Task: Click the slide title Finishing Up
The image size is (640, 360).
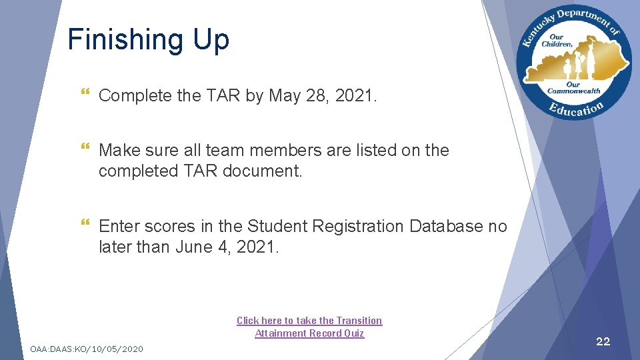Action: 148,39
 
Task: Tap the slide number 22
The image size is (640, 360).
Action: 603,341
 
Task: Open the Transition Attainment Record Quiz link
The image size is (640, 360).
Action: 309,327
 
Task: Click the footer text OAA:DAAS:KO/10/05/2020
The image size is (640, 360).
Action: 87,349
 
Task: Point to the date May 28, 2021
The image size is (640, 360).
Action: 323,96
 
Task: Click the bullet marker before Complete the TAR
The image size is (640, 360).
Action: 83,96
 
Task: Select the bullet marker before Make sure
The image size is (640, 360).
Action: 83,151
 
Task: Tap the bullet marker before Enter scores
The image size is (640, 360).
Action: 83,227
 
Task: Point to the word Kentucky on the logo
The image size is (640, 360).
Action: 536,30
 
